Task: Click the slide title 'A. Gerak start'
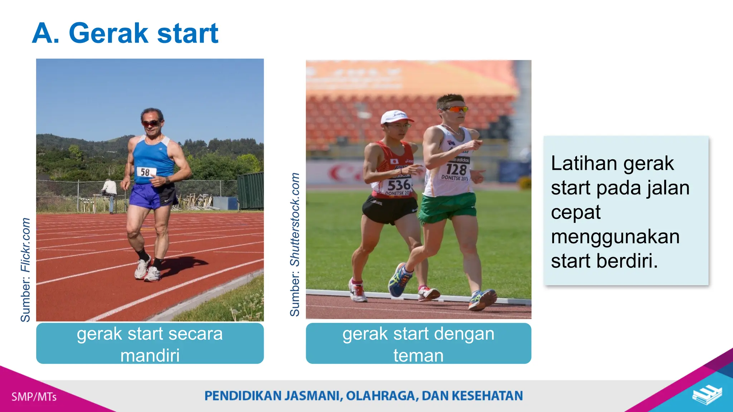pyautogui.click(x=125, y=33)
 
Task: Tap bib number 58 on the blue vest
pyautogui.click(x=145, y=172)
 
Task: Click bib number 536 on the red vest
pyautogui.click(x=398, y=185)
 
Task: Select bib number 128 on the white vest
pyautogui.click(x=456, y=169)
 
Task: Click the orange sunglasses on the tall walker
pyautogui.click(x=455, y=109)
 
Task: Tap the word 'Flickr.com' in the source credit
pyautogui.click(x=25, y=245)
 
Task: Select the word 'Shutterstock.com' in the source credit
pyautogui.click(x=295, y=219)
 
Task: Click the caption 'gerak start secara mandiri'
pyautogui.click(x=150, y=344)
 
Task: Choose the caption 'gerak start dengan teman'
pyautogui.click(x=418, y=344)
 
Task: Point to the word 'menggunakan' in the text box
pyautogui.click(x=615, y=237)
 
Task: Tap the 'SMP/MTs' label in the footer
pyautogui.click(x=34, y=397)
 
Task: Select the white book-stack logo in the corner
pyautogui.click(x=707, y=394)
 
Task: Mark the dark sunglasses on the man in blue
pyautogui.click(x=151, y=123)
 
